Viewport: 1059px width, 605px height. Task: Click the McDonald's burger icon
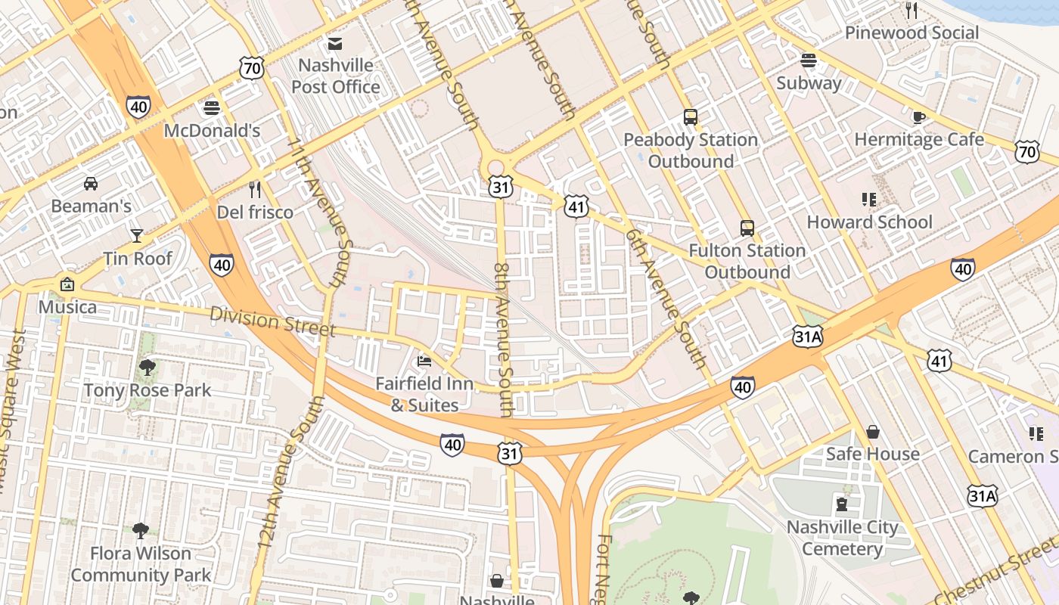(x=212, y=107)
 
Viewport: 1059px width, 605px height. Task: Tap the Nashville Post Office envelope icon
(x=335, y=43)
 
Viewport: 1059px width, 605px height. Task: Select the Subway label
(x=809, y=83)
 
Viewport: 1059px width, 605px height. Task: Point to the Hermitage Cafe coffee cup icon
(x=919, y=116)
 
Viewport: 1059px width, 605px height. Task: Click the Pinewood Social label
(x=911, y=33)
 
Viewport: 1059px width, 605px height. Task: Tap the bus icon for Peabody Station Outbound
(x=691, y=117)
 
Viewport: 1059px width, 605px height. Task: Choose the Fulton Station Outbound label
(x=747, y=261)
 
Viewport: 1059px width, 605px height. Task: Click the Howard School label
(x=869, y=222)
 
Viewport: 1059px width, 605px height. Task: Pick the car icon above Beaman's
(x=91, y=183)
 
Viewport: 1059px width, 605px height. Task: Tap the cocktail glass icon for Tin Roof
(x=137, y=236)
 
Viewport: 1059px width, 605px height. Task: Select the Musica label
(x=67, y=307)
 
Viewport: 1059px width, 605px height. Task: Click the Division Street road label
(x=272, y=321)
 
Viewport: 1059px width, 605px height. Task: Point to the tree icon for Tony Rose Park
(x=148, y=368)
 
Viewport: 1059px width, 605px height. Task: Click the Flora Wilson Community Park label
(x=141, y=564)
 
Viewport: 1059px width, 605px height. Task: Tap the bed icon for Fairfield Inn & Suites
(x=424, y=361)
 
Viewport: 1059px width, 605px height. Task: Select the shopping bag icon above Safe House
(x=873, y=432)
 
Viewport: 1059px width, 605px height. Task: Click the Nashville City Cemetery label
(x=842, y=538)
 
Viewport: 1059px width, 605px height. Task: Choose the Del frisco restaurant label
(x=255, y=213)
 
